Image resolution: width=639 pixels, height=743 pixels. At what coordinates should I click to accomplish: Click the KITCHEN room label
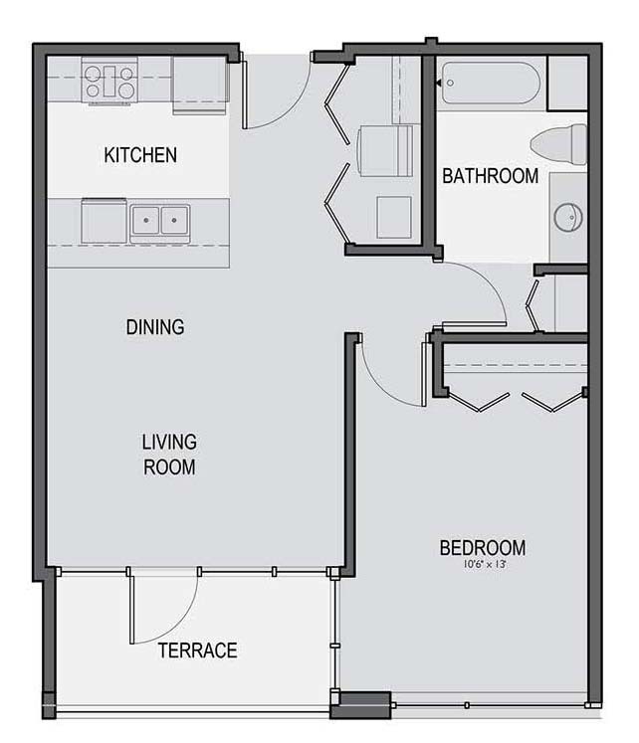coord(140,155)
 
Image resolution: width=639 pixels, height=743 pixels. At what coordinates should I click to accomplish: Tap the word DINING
coord(155,327)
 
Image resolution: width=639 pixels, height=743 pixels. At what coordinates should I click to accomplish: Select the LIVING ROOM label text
coord(169,455)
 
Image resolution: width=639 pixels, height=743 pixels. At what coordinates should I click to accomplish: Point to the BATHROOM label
coord(490,176)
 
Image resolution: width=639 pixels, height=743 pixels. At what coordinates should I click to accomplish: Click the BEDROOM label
coord(483,548)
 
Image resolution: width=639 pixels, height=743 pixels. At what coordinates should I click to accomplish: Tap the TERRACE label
coord(198,650)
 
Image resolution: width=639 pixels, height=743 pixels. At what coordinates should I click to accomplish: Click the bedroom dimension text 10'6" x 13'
coord(485,564)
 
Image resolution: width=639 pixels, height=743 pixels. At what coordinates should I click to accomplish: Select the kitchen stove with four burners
coord(109,81)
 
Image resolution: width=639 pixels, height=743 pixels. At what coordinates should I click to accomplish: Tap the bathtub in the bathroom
coord(491,83)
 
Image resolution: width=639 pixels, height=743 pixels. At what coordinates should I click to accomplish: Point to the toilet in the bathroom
coord(559,144)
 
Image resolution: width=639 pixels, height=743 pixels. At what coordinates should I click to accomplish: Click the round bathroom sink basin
coord(568,218)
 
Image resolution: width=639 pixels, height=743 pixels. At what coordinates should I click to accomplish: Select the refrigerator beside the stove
coord(199,86)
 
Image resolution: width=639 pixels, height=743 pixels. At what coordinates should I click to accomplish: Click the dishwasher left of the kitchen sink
coord(104,221)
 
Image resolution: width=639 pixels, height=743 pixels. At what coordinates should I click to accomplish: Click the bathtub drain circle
coord(450,83)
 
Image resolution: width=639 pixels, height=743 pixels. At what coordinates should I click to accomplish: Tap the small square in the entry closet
coord(393,218)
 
